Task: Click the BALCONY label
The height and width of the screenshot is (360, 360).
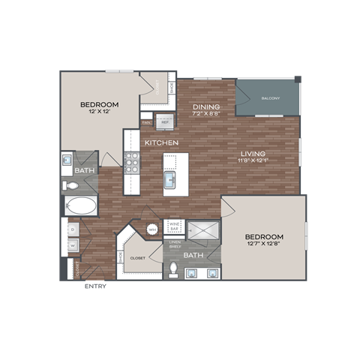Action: click(x=271, y=98)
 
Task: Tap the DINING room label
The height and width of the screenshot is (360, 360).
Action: click(x=205, y=106)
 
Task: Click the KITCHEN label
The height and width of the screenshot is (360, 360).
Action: click(x=160, y=142)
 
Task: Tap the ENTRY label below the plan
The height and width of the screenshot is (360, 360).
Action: click(x=95, y=286)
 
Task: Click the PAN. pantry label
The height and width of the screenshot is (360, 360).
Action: click(x=147, y=121)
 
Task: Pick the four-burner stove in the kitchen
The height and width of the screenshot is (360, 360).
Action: click(x=132, y=163)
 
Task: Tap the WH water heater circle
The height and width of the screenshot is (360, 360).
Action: click(x=153, y=230)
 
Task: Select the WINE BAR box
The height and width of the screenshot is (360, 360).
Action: click(x=173, y=226)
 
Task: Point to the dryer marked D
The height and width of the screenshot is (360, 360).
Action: click(x=72, y=229)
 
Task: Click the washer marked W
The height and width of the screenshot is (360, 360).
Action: click(x=72, y=244)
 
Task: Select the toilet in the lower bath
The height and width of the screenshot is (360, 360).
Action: click(x=173, y=268)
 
